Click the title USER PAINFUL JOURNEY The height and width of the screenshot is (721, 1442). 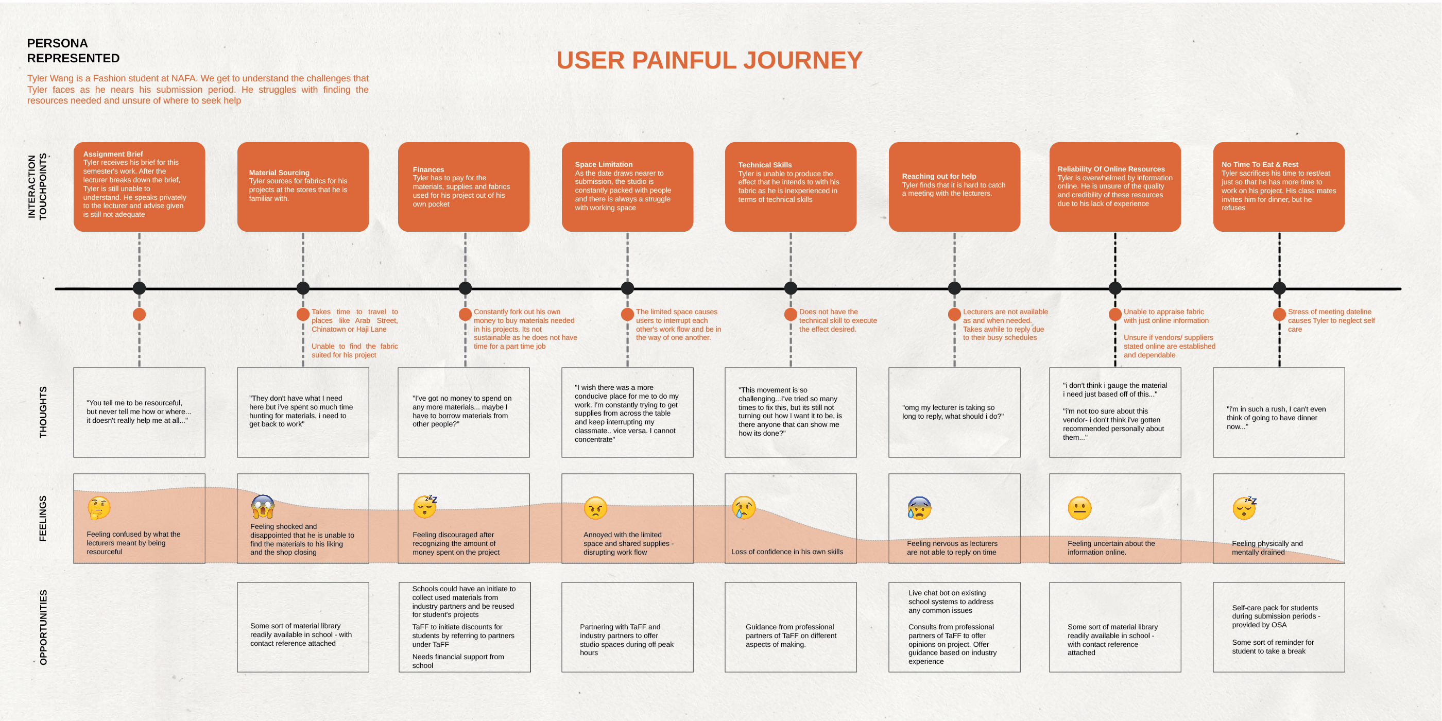point(709,60)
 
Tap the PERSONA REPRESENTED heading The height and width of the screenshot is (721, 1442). point(73,50)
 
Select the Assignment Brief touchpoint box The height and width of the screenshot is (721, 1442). point(140,186)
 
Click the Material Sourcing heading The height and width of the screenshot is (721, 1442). point(279,173)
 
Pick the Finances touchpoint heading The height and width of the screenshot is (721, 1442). point(428,169)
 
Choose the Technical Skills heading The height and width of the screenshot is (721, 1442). point(765,165)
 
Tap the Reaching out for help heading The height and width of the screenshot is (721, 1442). point(939,176)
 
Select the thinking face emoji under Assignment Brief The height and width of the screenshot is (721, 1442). point(99,508)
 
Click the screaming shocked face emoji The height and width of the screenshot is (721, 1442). point(263,507)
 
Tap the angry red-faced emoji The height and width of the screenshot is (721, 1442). point(595,508)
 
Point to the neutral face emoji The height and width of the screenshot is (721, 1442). point(1079,508)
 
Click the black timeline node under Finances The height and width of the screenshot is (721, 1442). point(465,288)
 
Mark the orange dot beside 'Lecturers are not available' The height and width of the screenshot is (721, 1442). point(954,315)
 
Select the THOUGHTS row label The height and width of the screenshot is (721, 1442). point(43,412)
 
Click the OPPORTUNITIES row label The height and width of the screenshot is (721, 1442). point(43,627)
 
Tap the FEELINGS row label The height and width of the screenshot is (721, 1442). point(43,519)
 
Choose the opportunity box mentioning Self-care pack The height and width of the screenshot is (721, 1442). point(1279,627)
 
